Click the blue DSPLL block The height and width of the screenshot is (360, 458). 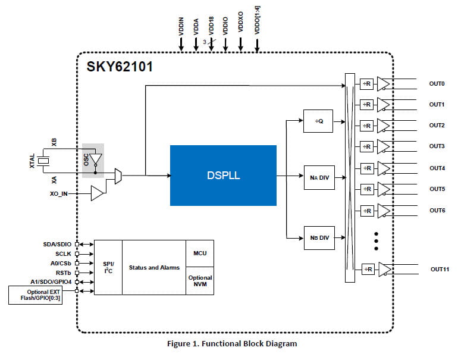tap(223, 176)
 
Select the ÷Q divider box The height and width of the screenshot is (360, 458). tap(319, 121)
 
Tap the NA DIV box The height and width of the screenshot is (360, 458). tap(319, 177)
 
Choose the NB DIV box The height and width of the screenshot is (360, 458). tap(319, 238)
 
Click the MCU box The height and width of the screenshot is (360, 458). tap(200, 253)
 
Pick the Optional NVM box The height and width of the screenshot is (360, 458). tap(200, 281)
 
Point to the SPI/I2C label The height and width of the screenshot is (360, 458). tap(108, 267)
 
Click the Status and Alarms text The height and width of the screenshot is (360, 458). tap(154, 268)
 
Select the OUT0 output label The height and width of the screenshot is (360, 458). tap(437, 84)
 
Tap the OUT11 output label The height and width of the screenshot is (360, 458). tap(438, 270)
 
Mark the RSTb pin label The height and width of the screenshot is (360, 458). tap(64, 273)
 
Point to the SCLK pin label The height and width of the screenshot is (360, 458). tap(63, 253)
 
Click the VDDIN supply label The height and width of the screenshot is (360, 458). tap(181, 26)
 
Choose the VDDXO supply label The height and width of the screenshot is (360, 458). tap(241, 26)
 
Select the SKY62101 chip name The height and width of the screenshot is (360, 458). tap(119, 66)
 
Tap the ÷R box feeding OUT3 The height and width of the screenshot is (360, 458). tap(367, 147)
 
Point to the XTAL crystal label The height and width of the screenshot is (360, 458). tap(32, 161)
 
